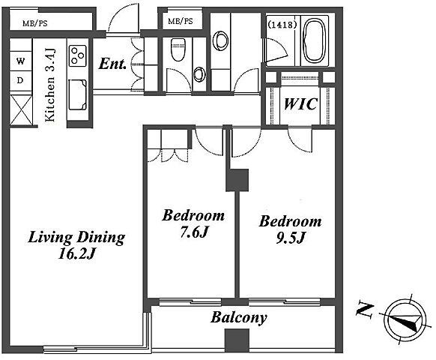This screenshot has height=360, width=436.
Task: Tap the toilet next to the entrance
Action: click(x=178, y=49)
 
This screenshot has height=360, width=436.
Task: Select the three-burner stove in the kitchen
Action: click(x=78, y=55)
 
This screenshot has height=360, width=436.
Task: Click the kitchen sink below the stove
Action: click(x=78, y=94)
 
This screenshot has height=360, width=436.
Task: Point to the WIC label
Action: click(x=300, y=104)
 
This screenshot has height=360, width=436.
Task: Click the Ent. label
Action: click(x=112, y=64)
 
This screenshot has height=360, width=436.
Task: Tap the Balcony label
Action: click(x=238, y=318)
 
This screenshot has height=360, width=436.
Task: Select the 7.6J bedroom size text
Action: click(x=194, y=232)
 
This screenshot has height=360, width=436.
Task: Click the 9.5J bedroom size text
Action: click(x=291, y=238)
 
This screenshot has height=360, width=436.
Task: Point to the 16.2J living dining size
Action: click(x=76, y=253)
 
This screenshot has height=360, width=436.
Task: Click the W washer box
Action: click(x=20, y=61)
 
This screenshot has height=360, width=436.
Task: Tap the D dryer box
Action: click(x=20, y=80)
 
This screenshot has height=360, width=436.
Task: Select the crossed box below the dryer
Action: click(x=21, y=110)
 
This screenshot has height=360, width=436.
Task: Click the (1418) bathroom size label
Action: click(x=282, y=25)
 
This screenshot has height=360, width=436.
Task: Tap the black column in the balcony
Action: click(x=237, y=340)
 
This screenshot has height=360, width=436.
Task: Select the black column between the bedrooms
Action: click(x=237, y=180)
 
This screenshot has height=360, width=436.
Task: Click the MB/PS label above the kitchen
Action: click(x=35, y=23)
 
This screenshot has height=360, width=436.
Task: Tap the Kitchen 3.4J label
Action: click(x=50, y=85)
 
